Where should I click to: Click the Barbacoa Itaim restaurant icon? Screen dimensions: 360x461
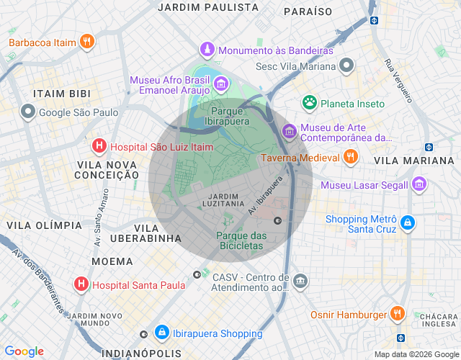[x=86, y=42]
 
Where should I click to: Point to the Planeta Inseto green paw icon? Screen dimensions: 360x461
[x=310, y=103]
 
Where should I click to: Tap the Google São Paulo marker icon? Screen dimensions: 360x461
[x=28, y=112]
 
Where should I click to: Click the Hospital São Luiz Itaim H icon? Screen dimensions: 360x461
[x=99, y=147]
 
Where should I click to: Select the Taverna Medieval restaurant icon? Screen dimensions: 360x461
[x=350, y=157]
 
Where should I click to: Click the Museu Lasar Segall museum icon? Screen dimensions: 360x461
[x=419, y=185]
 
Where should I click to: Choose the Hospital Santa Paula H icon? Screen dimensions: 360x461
[x=81, y=284]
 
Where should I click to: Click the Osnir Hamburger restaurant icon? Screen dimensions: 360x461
[x=397, y=314]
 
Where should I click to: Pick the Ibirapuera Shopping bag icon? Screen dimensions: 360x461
[x=161, y=333]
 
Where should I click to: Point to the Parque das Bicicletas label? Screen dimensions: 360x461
[x=241, y=241]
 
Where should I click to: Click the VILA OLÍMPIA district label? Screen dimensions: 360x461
[x=45, y=225]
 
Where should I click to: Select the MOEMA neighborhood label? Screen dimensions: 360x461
[x=112, y=261]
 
